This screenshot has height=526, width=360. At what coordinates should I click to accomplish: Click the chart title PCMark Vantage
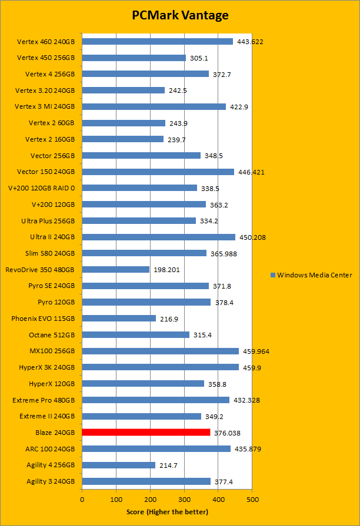click(179, 15)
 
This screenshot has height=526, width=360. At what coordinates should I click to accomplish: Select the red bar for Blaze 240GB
click(146, 433)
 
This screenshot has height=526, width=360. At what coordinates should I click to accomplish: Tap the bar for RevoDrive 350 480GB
click(115, 270)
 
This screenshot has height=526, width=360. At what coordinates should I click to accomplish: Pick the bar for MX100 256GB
click(160, 351)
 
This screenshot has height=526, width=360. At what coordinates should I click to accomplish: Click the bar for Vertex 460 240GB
click(157, 42)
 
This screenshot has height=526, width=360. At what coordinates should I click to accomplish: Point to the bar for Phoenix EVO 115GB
click(119, 319)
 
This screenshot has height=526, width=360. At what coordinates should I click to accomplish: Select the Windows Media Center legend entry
click(311, 275)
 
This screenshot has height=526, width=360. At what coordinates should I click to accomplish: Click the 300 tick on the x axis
click(184, 500)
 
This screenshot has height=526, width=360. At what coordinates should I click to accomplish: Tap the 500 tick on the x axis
click(252, 500)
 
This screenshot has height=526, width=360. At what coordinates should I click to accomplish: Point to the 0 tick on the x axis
click(82, 500)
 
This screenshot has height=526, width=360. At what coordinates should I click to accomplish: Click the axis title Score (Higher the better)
click(167, 512)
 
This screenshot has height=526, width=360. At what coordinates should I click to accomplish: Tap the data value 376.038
click(226, 433)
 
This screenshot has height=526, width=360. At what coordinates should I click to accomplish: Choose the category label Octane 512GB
click(52, 335)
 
